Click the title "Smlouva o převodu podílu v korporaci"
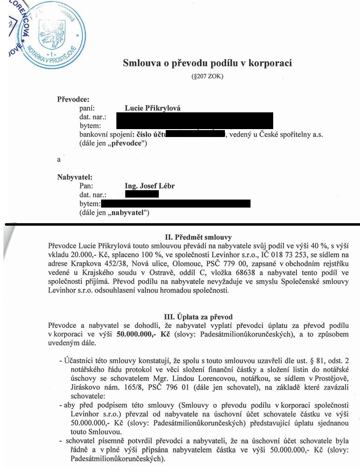pos(207,63)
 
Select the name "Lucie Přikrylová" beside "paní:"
pos(153,108)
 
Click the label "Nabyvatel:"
pos(75,177)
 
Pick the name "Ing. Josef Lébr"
pos(150,186)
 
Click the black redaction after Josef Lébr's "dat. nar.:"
pos(142,194)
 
